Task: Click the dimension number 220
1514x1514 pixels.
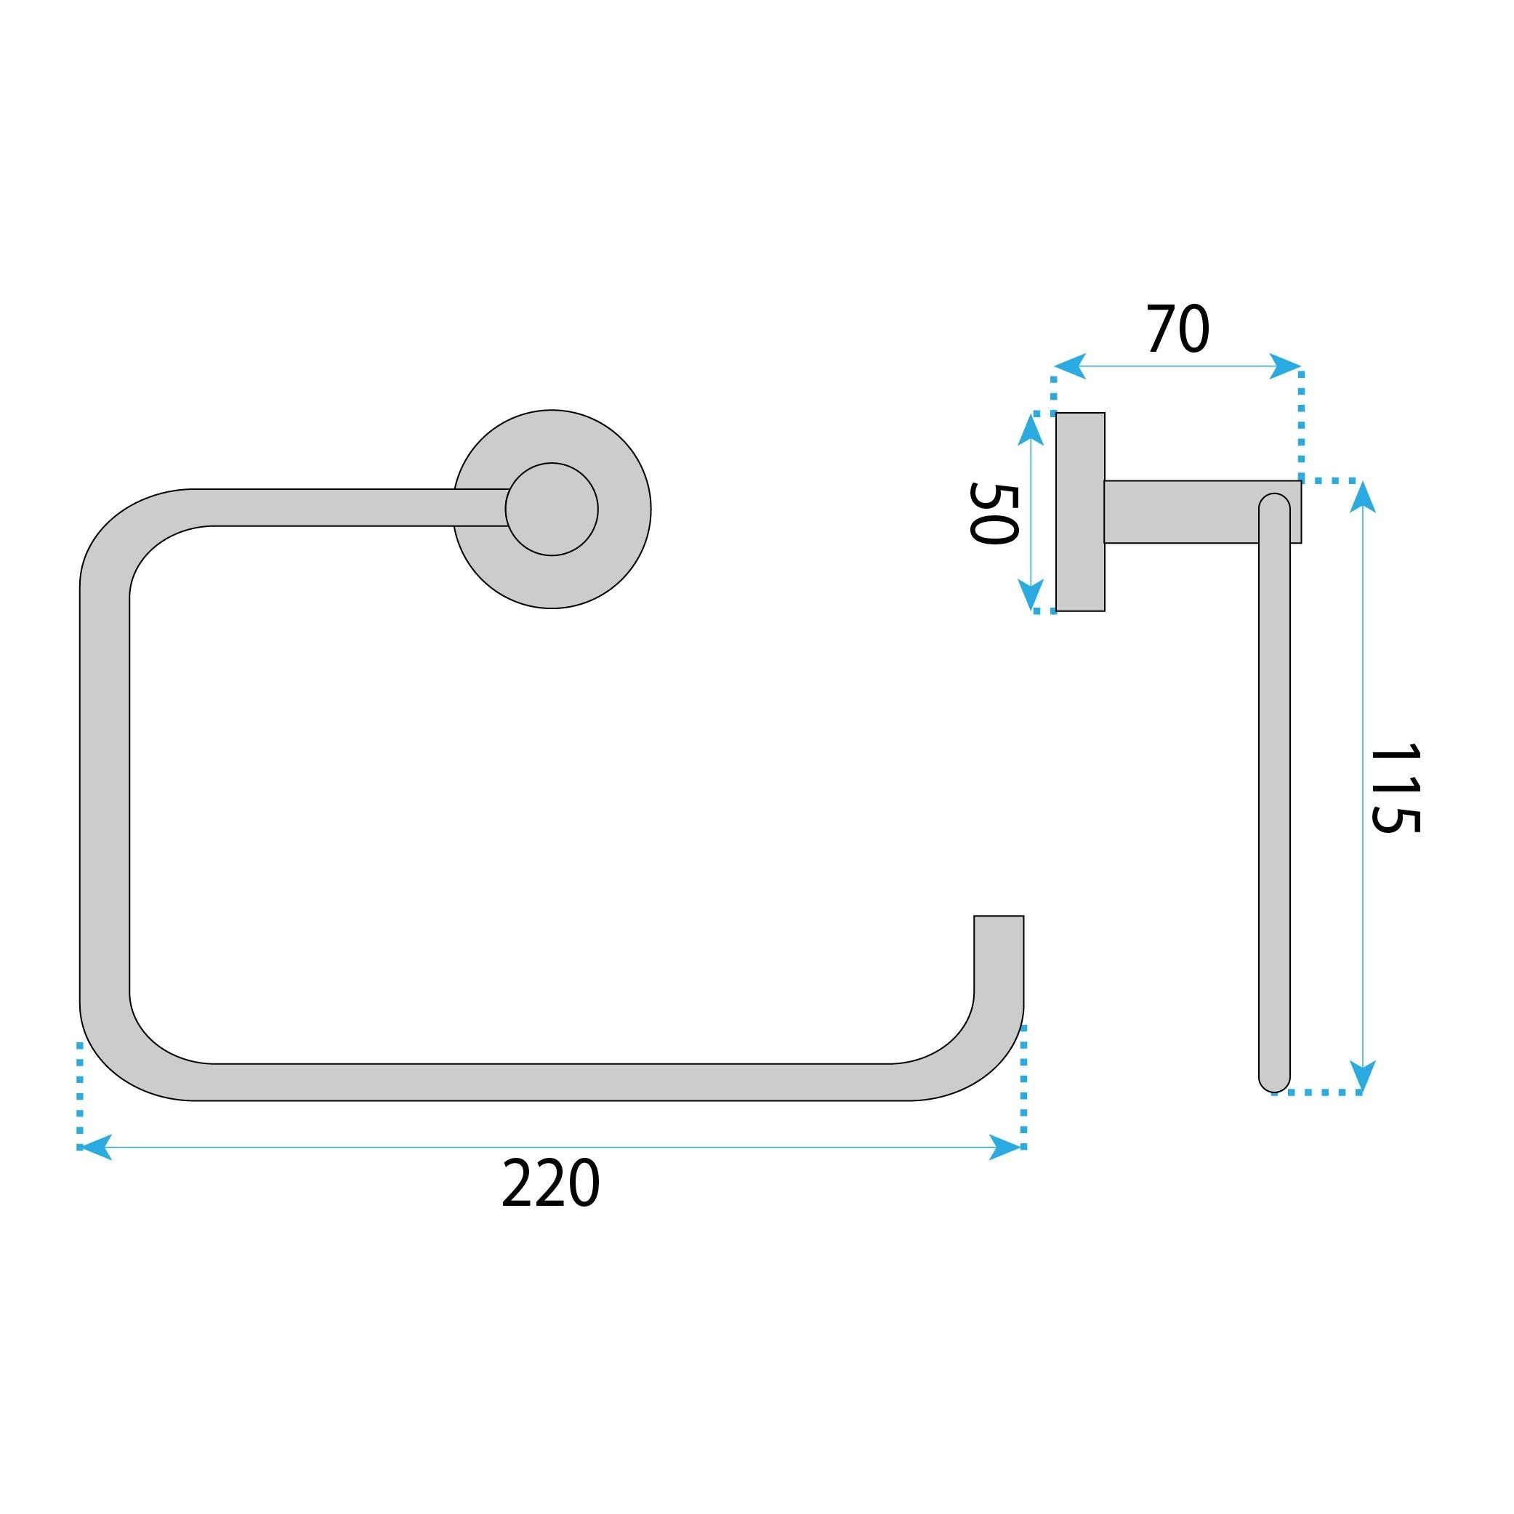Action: pyautogui.click(x=550, y=1184)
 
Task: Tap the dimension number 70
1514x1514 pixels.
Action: pyautogui.click(x=1177, y=330)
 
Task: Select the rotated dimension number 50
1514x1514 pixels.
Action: pyautogui.click(x=994, y=513)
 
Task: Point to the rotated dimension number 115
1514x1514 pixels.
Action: pyautogui.click(x=1394, y=788)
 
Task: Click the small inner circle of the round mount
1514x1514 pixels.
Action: pyautogui.click(x=552, y=510)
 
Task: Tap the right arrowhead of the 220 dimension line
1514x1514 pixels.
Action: pyautogui.click(x=1007, y=1147)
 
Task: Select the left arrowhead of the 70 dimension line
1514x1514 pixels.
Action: pyautogui.click(x=1070, y=366)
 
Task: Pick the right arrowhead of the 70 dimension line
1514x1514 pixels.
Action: pyautogui.click(x=1286, y=366)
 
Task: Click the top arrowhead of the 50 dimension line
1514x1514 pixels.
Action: pyautogui.click(x=1031, y=430)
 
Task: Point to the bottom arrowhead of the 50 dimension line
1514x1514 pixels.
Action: pyautogui.click(x=1031, y=595)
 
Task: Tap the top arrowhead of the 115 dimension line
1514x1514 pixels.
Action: pyautogui.click(x=1363, y=497)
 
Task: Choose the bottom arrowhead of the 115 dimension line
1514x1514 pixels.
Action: pyautogui.click(x=1363, y=1075)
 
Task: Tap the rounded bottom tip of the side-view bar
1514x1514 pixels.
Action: pyautogui.click(x=1274, y=1082)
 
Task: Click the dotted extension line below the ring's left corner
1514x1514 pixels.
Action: pyautogui.click(x=80, y=1093)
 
